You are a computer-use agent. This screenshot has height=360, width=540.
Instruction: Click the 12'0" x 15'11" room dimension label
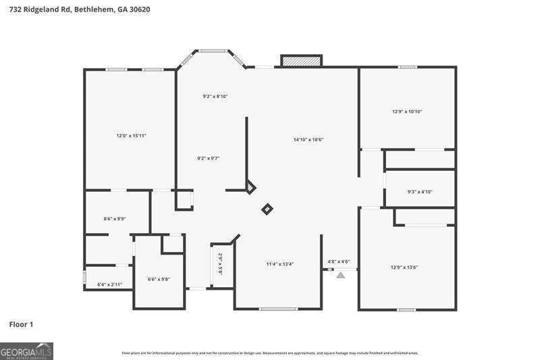pyautogui.click(x=131, y=136)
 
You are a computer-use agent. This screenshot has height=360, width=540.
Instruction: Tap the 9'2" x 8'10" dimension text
pyautogui.click(x=215, y=97)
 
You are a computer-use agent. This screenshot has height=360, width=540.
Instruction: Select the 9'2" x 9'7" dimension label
pyautogui.click(x=209, y=158)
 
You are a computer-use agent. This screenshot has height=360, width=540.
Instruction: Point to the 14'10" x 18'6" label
pyautogui.click(x=308, y=140)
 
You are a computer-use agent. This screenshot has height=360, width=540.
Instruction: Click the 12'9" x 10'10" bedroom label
pyautogui.click(x=407, y=111)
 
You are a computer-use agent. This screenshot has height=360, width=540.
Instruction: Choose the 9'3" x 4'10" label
pyautogui.click(x=419, y=192)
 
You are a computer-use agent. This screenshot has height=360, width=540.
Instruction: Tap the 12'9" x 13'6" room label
pyautogui.click(x=404, y=267)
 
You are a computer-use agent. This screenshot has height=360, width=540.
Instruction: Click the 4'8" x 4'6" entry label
pyautogui.click(x=338, y=261)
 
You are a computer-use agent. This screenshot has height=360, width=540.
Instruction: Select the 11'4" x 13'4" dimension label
pyautogui.click(x=279, y=264)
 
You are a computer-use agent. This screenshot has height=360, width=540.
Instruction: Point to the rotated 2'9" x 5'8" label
pyautogui.click(x=220, y=264)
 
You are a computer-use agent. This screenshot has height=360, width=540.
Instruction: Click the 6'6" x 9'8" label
pyautogui.click(x=159, y=279)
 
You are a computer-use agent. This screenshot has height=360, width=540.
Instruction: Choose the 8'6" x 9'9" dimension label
pyautogui.click(x=115, y=219)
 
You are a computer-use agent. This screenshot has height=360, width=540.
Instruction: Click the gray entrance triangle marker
pyautogui.click(x=341, y=275)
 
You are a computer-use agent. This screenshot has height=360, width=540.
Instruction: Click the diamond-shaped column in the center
pyautogui.click(x=267, y=209)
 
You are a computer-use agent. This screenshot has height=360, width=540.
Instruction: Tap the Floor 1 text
pyautogui.click(x=21, y=325)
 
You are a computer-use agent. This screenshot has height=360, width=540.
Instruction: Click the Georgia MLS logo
pyautogui.click(x=26, y=351)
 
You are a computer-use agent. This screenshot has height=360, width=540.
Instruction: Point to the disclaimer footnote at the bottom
pyautogui.click(x=269, y=353)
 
